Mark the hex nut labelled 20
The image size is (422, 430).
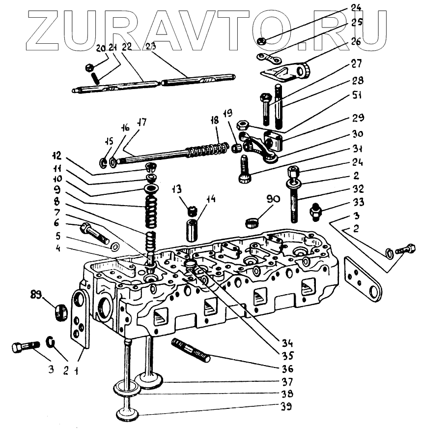tap(89, 66)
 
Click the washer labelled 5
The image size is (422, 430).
tap(115, 246)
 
